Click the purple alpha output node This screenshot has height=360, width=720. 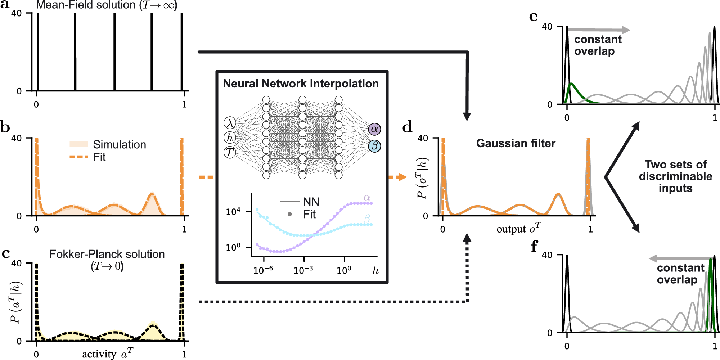(374, 129)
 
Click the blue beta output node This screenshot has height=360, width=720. (374, 146)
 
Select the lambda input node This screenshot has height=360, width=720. (230, 123)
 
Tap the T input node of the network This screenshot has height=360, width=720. (230, 152)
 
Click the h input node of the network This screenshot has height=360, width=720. (230, 138)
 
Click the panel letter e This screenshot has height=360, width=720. (534, 17)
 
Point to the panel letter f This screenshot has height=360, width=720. (534, 247)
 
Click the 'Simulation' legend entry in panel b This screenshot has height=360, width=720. (119, 144)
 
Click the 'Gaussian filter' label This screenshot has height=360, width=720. (516, 143)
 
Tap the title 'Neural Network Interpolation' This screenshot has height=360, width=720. (301, 84)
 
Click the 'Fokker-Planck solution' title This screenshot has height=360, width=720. (107, 254)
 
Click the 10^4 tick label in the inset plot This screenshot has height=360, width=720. (233, 212)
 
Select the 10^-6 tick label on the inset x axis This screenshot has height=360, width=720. (263, 270)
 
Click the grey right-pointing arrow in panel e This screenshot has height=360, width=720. (599, 30)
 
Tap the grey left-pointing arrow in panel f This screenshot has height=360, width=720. (680, 258)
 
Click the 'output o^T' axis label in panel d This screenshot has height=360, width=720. (518, 229)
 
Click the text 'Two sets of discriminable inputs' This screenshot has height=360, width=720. (675, 176)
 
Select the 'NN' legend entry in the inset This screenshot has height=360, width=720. (311, 202)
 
